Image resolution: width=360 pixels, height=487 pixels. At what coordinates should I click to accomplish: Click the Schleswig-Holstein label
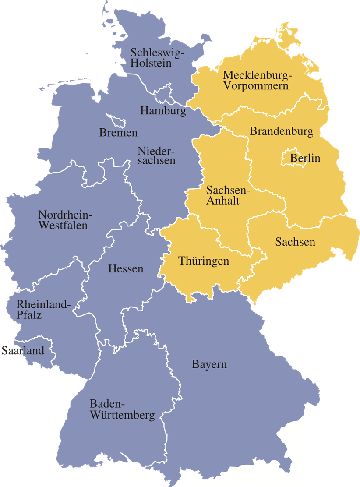(x=158, y=58)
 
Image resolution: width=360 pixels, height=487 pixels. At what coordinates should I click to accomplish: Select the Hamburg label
(x=163, y=111)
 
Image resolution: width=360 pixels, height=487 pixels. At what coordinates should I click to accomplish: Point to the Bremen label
(x=118, y=132)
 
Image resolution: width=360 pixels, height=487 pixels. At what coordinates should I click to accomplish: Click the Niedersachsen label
(x=156, y=156)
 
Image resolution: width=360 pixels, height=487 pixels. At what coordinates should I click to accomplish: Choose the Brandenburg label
(x=281, y=131)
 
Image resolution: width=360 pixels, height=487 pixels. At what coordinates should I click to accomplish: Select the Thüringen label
(x=204, y=261)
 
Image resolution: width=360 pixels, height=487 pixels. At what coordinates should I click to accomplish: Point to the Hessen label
(x=126, y=268)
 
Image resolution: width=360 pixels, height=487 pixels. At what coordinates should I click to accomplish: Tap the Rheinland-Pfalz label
(x=42, y=309)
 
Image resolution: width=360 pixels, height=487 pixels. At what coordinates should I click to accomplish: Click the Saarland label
(x=23, y=350)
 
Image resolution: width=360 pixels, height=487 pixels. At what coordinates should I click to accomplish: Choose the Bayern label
(x=209, y=364)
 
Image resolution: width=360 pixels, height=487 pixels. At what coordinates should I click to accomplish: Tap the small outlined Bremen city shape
(x=116, y=120)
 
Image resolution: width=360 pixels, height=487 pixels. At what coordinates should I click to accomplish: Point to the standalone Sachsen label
(x=295, y=242)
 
